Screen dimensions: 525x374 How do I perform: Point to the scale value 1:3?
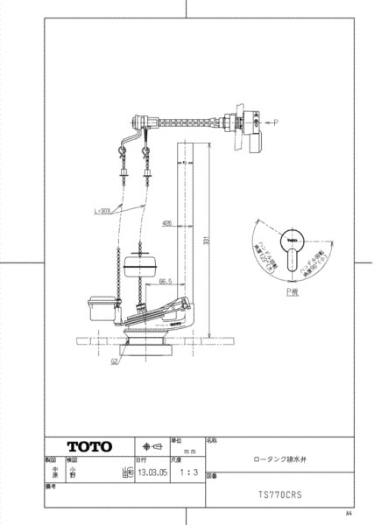point(183,469)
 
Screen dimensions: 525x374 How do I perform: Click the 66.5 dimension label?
point(167,283)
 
